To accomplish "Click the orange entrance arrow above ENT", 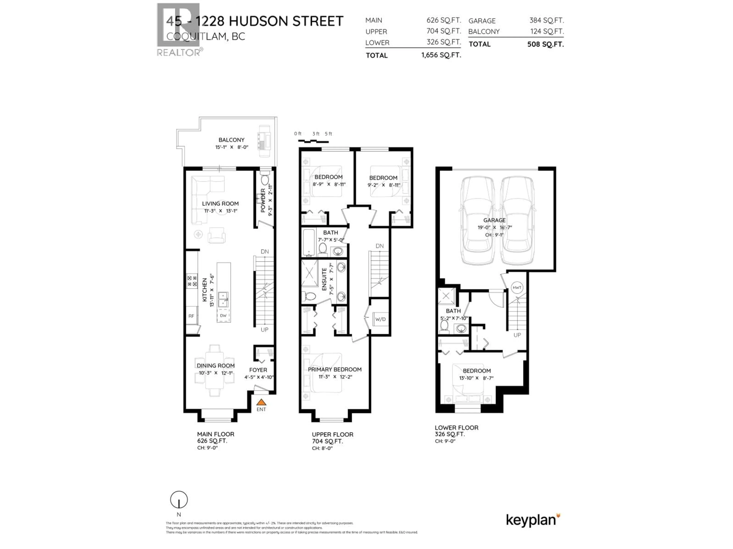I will coord(261,402).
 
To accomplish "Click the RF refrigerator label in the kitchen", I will coord(191,316).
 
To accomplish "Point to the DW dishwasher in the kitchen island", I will coord(223,316).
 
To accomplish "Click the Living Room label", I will coord(220,204).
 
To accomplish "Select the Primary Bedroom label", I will coord(335,369).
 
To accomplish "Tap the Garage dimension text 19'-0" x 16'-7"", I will coord(494,227).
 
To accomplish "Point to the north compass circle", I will coord(179,500).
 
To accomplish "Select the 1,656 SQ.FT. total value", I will coord(441,55).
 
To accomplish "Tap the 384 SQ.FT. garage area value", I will coord(547,20).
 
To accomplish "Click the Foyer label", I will coord(258,370).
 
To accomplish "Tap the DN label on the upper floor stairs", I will coord(380,246).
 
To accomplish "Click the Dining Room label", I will coord(216,366).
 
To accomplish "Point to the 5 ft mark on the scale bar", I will coord(328,134).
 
